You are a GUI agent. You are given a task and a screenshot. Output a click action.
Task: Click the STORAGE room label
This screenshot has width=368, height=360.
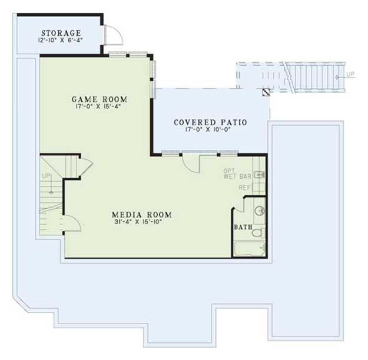(61, 32)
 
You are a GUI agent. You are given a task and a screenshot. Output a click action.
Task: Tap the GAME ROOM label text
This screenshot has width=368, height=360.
(100, 98)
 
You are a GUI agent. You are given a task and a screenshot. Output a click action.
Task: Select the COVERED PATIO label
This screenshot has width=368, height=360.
(210, 122)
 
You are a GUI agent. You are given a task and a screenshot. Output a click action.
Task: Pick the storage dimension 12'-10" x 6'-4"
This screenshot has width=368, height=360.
(61, 41)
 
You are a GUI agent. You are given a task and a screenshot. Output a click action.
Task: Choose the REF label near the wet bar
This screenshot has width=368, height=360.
(245, 188)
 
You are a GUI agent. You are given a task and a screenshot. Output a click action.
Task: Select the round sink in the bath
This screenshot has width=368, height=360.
(260, 211)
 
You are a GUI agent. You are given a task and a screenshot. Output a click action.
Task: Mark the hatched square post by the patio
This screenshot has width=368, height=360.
(266, 92)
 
